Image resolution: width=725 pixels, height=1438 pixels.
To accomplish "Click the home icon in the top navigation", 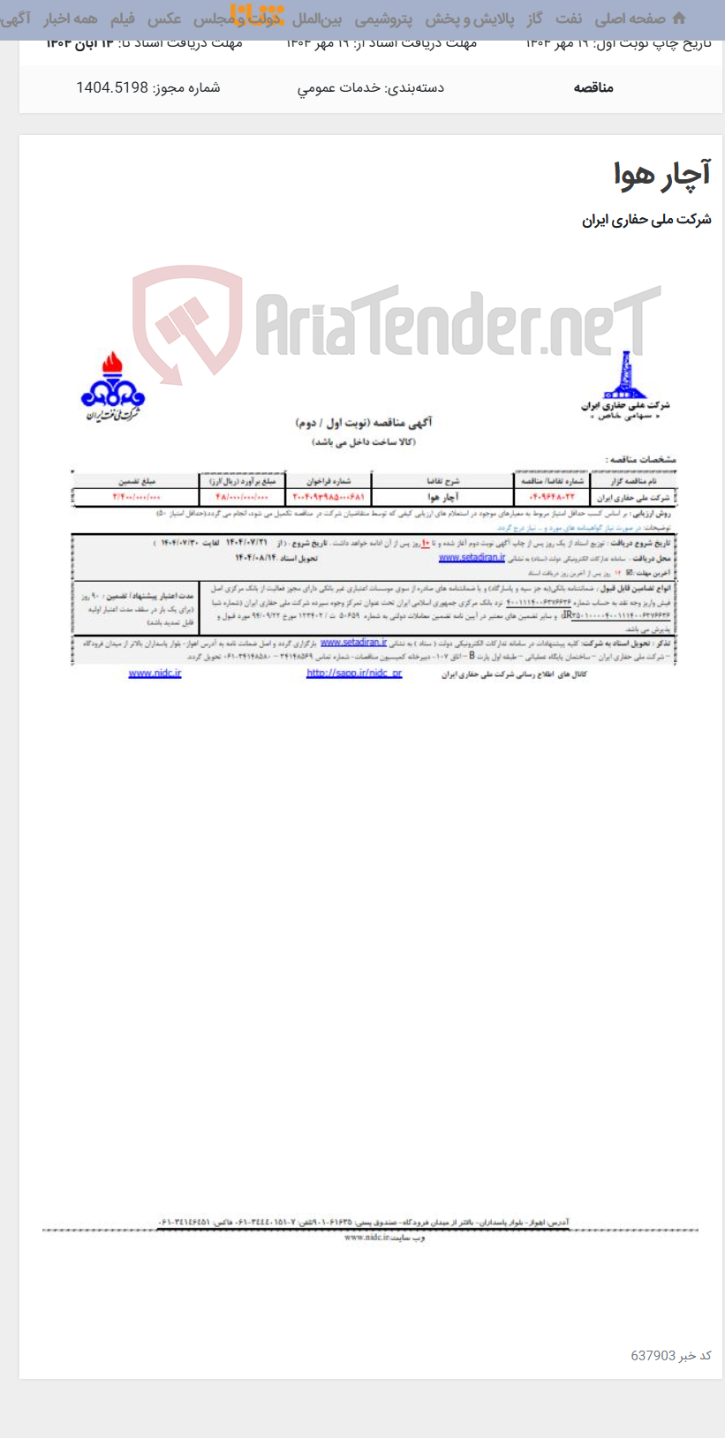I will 678,18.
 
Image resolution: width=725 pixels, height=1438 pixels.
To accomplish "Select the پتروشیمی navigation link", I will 383,19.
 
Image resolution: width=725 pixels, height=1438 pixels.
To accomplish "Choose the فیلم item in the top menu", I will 122,19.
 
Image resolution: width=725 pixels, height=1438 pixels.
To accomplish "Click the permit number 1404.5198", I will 147,87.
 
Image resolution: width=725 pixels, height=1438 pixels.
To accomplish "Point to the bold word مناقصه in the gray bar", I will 593,87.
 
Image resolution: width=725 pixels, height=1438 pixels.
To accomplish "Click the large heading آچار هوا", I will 662,174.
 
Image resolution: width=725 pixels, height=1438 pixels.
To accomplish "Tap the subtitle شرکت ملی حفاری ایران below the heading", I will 646,220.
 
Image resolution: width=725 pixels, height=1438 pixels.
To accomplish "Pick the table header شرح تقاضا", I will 443,481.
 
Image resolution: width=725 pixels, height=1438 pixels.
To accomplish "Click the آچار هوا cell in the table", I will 443,497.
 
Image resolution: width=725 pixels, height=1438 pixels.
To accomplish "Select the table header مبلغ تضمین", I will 137,481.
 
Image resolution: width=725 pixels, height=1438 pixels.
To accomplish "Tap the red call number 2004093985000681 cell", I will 329,497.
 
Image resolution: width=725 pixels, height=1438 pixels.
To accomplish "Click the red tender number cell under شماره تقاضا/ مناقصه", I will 552,497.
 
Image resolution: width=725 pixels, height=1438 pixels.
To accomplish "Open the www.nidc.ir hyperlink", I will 155,674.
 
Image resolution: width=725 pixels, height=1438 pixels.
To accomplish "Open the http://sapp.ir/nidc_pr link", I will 354,674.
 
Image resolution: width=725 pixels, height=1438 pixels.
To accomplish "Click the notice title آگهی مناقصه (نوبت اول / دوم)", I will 364,423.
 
